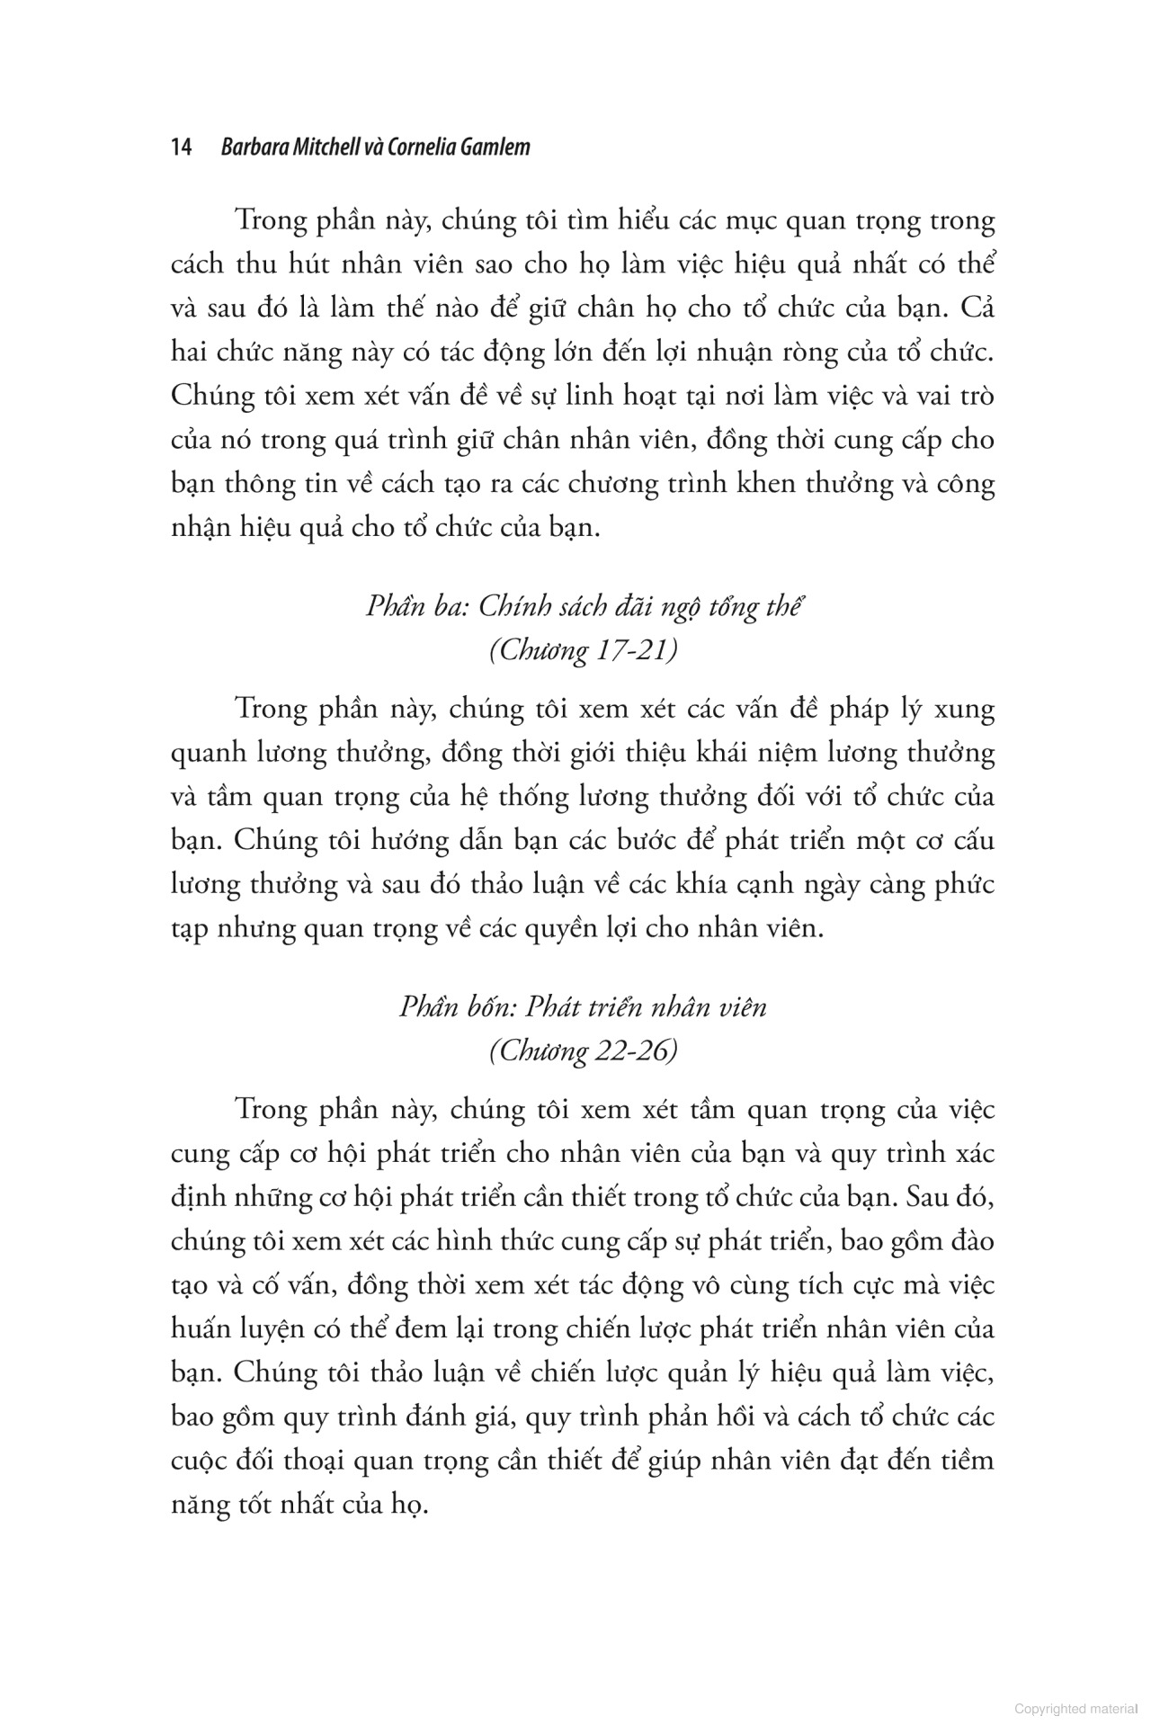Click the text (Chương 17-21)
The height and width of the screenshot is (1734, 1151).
583,650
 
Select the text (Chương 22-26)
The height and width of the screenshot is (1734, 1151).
583,1050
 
